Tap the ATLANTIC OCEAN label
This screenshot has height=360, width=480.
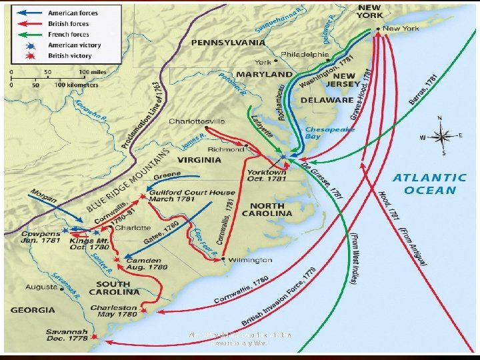click(429, 183)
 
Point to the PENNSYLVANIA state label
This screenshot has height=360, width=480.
click(228, 43)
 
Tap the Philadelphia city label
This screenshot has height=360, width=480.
click(305, 54)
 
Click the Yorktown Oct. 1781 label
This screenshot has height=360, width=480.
click(266, 175)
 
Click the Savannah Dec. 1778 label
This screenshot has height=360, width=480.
click(66, 335)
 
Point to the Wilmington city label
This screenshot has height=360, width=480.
click(249, 260)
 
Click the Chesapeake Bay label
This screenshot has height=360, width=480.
click(323, 133)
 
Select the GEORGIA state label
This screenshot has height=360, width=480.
click(33, 310)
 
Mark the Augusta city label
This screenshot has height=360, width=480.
click(41, 287)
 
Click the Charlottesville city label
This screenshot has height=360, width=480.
click(197, 121)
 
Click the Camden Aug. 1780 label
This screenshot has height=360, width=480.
click(142, 263)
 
